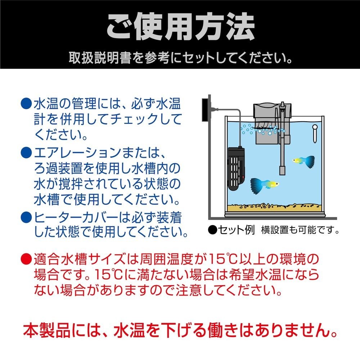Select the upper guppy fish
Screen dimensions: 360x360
point(303,160)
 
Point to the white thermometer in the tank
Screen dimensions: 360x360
point(314,133)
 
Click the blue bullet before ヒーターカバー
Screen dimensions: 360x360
point(27,217)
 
